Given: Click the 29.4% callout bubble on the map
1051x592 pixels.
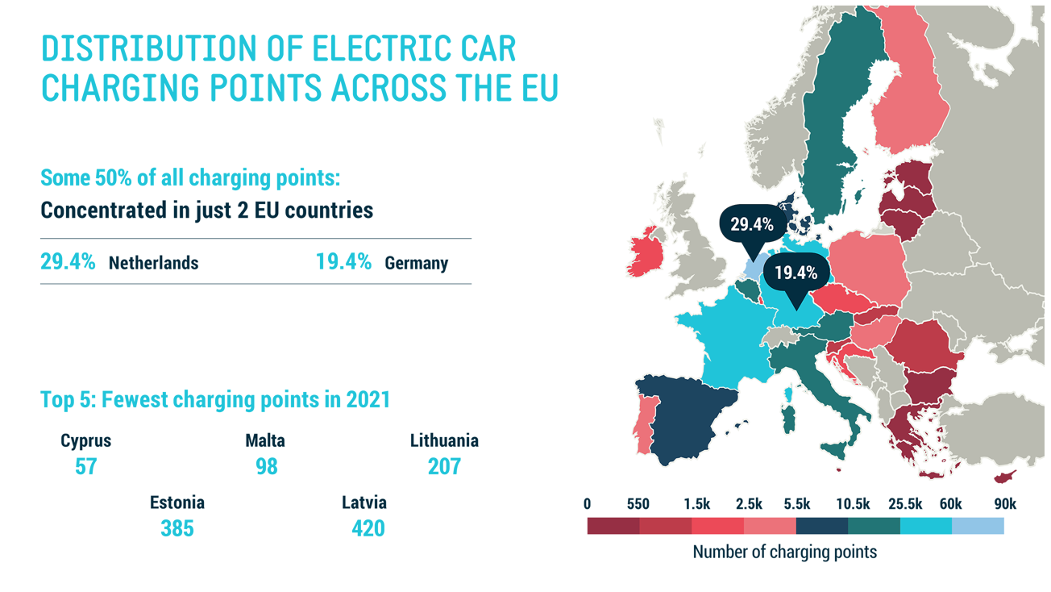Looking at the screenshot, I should (752, 225).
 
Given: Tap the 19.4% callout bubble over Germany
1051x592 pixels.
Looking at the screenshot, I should (796, 273).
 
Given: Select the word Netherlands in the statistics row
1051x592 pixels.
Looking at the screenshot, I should (153, 263).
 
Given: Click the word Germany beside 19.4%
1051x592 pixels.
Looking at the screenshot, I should (416, 263).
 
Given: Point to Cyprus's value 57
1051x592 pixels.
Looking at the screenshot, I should (85, 466).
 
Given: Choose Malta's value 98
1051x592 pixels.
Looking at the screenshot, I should (266, 466).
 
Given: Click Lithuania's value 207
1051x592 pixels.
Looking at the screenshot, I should (444, 466).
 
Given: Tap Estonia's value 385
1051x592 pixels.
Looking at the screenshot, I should (177, 528).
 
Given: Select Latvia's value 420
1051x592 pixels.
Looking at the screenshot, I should (368, 528).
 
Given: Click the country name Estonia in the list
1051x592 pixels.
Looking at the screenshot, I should (177, 502).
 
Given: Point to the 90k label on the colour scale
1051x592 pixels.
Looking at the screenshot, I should (1004, 504).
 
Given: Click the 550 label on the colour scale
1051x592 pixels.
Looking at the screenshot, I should (638, 504).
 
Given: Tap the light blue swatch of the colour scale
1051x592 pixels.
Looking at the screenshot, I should (978, 526).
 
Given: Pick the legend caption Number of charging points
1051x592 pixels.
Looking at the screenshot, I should (784, 552).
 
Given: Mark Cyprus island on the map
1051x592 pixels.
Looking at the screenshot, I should (1004, 477).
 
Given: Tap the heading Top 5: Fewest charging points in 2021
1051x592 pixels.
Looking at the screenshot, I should (215, 399).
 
